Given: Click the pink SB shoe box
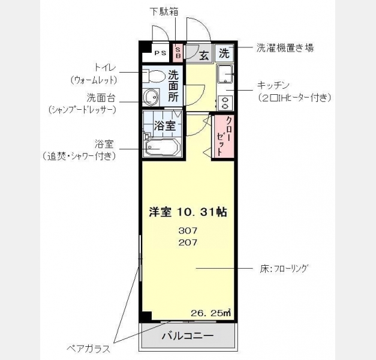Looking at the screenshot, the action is tap(178, 53).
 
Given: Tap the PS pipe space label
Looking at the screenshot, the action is tap(160, 53).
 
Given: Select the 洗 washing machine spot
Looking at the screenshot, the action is tap(224, 53).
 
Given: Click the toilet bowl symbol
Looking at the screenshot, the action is tap(154, 76).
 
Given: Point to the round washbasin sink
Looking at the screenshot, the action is tap(151, 97).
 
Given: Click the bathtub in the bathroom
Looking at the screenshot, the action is tap(163, 148).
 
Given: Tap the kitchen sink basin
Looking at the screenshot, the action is tap(225, 74).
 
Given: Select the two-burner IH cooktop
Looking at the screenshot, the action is tap(225, 103).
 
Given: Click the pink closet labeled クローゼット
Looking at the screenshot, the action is tap(224, 136).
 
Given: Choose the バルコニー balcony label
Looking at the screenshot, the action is tap(188, 335).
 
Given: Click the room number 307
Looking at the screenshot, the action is tap(188, 230).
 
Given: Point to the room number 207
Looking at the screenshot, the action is tap(188, 242).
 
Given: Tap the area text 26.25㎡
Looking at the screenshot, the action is tap(210, 313).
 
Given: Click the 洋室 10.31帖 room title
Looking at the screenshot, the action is tap(188, 212).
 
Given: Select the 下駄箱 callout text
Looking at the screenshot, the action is tap(164, 11).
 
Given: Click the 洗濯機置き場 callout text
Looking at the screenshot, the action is tap(285, 48).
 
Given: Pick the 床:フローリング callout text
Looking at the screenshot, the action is tap(284, 269).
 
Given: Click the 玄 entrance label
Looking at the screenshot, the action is tap(204, 56).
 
